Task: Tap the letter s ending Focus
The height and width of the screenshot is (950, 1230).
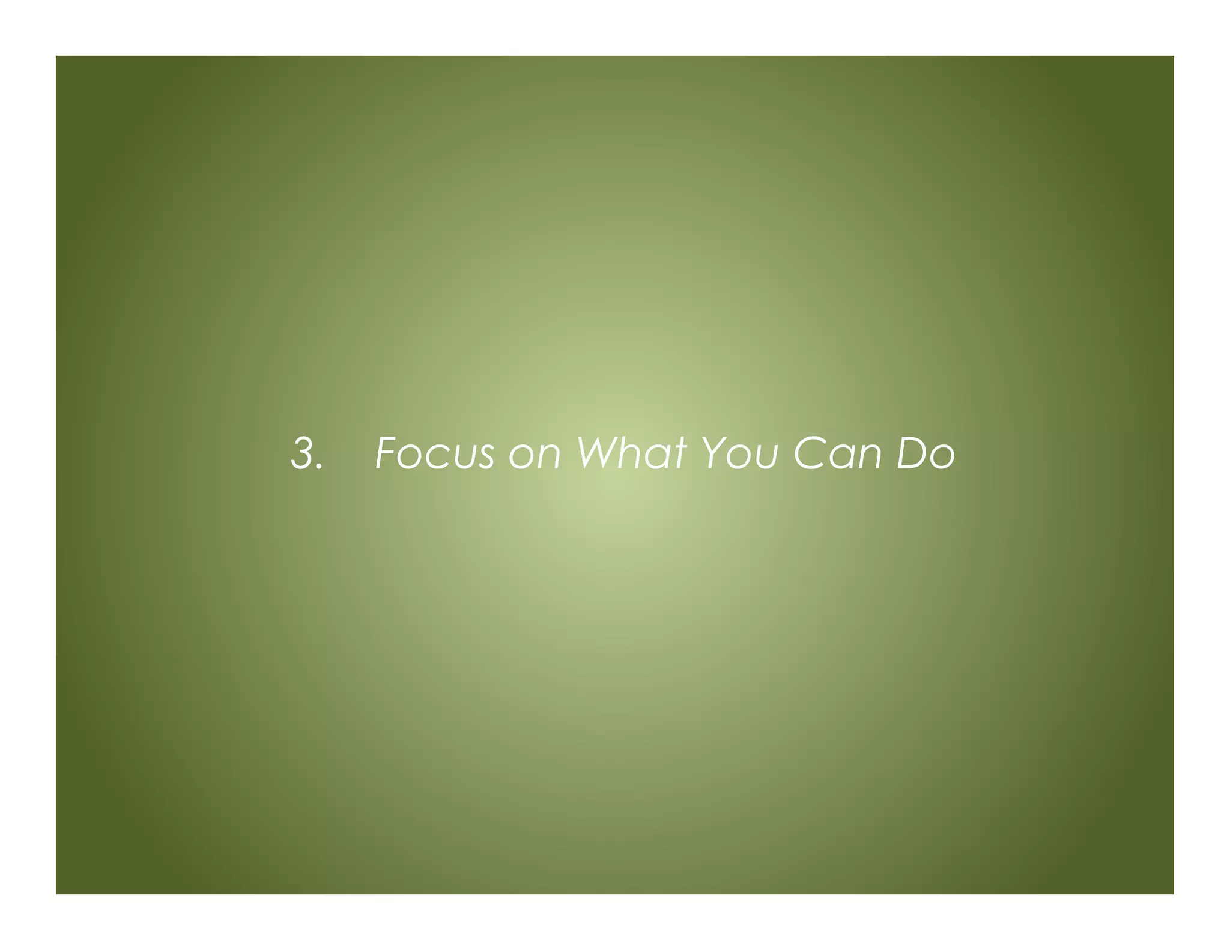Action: [483, 458]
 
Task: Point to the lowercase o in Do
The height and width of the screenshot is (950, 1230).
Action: [942, 458]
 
